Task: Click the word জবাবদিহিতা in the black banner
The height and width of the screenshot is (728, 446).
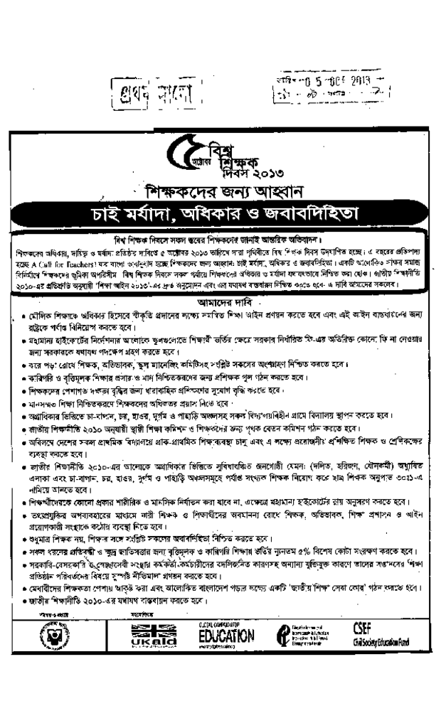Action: click(x=314, y=213)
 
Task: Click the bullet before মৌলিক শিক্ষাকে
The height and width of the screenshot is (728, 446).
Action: click(x=24, y=314)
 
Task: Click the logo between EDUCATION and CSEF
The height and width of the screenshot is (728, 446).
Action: click(x=306, y=634)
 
